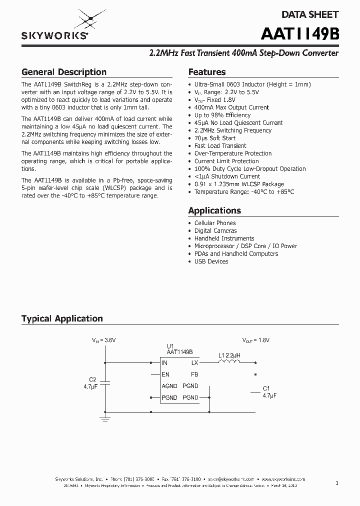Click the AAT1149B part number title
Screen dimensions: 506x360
(x=300, y=34)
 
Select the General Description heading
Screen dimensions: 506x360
(x=63, y=72)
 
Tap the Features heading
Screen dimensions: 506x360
(x=206, y=72)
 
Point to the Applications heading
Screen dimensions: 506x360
(x=214, y=210)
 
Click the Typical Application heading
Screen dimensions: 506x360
(x=62, y=318)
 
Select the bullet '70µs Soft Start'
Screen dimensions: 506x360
(x=214, y=138)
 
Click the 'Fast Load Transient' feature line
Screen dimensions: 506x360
(x=220, y=146)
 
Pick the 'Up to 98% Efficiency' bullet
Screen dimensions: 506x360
(x=222, y=115)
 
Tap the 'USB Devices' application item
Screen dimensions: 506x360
(x=211, y=261)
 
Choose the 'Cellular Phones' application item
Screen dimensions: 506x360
(x=214, y=223)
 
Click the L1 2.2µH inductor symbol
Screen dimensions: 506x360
(x=229, y=362)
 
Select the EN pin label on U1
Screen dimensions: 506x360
(x=165, y=374)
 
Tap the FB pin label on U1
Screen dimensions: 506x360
(x=194, y=374)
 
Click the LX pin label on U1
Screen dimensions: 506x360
(x=194, y=363)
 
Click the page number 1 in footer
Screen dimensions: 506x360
(x=337, y=483)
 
